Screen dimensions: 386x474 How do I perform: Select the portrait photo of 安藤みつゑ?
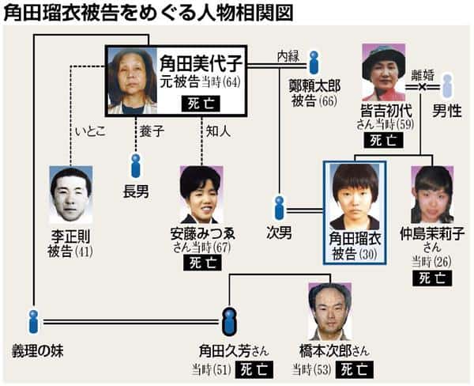tap(201, 195)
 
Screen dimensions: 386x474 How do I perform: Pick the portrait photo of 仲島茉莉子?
tap(432, 195)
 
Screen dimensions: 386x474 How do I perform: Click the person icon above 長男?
tap(136, 165)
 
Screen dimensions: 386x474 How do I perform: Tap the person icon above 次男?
tap(279, 207)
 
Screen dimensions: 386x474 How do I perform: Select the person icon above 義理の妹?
tap(32, 321)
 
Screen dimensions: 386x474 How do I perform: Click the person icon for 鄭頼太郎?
tap(314, 62)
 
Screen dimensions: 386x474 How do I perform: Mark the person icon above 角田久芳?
tap(229, 321)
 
